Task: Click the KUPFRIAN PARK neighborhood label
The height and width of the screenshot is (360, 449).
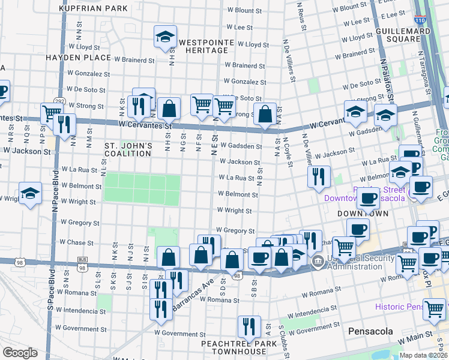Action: click(94, 8)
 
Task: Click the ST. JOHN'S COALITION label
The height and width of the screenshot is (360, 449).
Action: click(128, 149)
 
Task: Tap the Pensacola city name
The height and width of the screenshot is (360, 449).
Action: click(371, 331)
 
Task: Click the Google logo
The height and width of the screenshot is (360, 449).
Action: click(20, 353)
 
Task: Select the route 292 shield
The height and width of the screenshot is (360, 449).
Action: click(59, 101)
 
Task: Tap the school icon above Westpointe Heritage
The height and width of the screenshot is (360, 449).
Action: click(164, 37)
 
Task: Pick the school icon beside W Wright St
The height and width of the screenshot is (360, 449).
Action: click(30, 194)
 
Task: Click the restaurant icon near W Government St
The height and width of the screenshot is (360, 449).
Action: click(249, 326)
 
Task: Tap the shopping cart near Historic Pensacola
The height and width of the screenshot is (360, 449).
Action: click(434, 309)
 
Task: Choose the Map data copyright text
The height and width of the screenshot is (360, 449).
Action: click(423, 355)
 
